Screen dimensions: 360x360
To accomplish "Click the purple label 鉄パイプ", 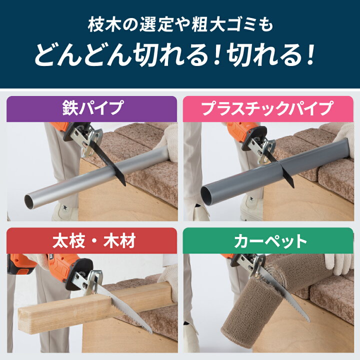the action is pos(92,108).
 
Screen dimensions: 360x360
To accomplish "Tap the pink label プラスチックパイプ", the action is pos(268,108).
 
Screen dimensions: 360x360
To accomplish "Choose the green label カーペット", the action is pos(268,241).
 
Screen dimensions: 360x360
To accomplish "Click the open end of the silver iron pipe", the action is pos(29,202).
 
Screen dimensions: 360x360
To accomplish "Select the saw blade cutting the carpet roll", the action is pos(287,294).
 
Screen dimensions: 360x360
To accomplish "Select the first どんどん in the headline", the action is pos(83,54).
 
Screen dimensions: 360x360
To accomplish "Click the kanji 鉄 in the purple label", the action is pos(70,108).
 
